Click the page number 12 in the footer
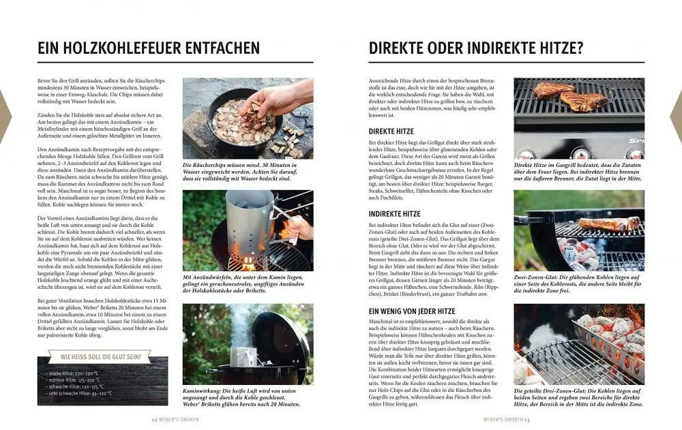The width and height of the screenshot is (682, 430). point(154,420)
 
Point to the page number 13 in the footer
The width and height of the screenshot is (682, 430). point(527,420)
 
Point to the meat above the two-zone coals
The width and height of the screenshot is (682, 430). point(609,224)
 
